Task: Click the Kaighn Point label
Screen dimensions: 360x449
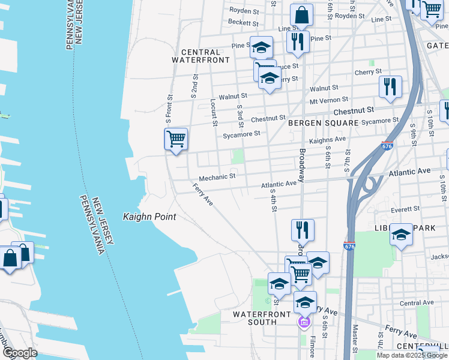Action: click(x=149, y=217)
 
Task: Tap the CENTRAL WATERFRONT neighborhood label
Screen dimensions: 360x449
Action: click(x=200, y=56)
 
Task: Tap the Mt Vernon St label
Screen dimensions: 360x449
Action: click(x=329, y=100)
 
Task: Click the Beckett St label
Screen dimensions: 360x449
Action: click(x=243, y=23)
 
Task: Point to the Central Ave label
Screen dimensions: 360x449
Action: click(x=417, y=303)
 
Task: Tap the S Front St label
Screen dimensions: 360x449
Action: click(x=170, y=109)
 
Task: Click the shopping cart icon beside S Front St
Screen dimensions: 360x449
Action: click(x=176, y=139)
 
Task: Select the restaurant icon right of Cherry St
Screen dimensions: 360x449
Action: click(x=390, y=87)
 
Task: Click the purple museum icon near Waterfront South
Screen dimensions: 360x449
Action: click(x=304, y=323)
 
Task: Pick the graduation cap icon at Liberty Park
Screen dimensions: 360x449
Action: click(x=401, y=235)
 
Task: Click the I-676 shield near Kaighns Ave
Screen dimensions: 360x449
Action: click(x=387, y=146)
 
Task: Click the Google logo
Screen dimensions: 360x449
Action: click(x=19, y=353)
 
